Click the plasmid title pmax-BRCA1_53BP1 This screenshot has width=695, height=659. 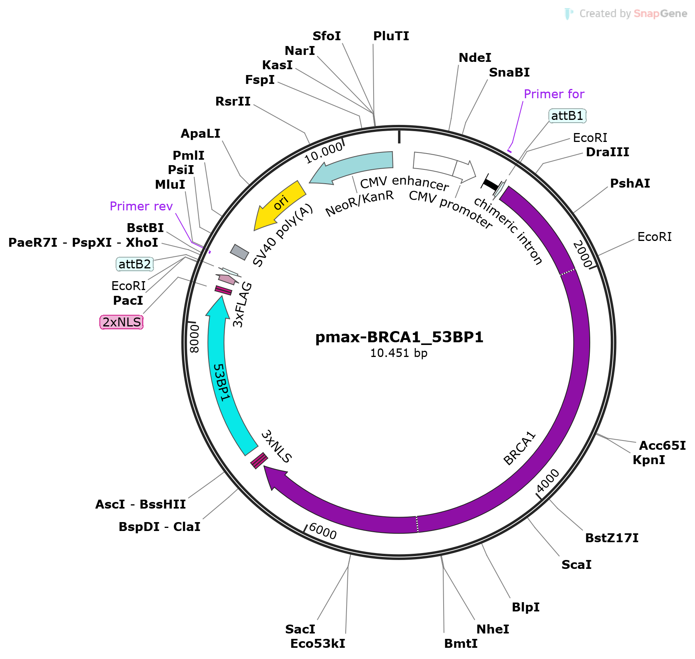(x=399, y=337)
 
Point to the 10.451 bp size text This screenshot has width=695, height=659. (x=399, y=353)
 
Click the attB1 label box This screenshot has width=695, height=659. (x=567, y=116)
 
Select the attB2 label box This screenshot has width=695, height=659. (x=135, y=264)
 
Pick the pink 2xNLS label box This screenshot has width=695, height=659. (x=121, y=322)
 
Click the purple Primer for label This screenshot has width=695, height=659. (x=554, y=94)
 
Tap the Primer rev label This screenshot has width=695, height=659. (x=141, y=206)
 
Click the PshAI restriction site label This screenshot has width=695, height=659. (x=630, y=183)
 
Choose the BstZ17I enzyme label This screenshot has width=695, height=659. (x=611, y=538)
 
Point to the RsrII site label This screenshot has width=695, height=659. (x=233, y=101)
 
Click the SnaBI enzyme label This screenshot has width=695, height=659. (x=509, y=72)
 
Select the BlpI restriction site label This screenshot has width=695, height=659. (x=525, y=607)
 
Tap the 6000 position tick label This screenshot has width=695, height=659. (x=323, y=531)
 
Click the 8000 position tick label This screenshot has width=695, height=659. (x=195, y=338)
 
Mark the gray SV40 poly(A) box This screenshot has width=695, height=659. (x=239, y=252)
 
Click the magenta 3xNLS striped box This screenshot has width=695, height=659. (x=259, y=460)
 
